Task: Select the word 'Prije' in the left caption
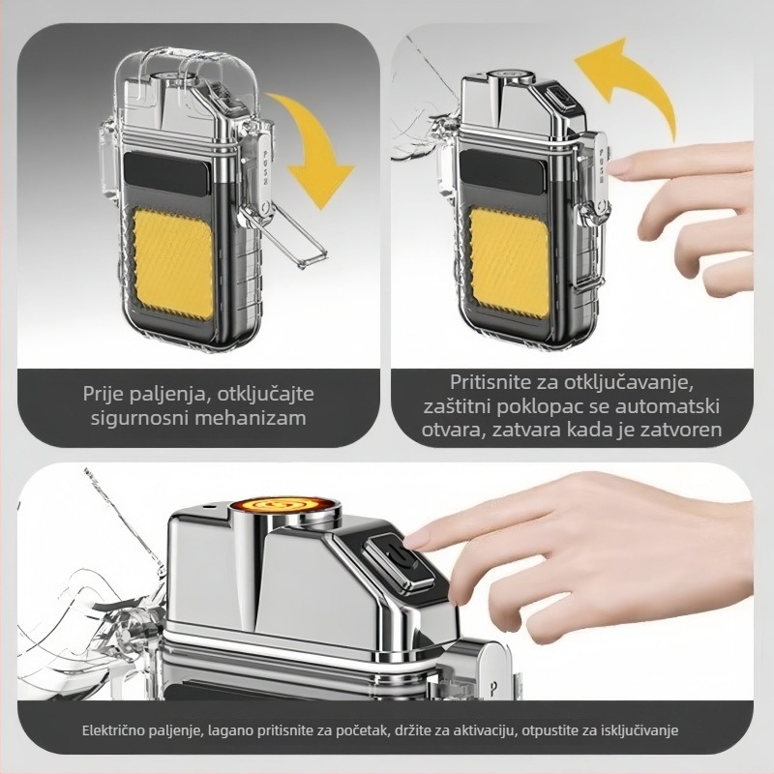pos(104,394)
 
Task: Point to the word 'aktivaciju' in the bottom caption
pos(483,730)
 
